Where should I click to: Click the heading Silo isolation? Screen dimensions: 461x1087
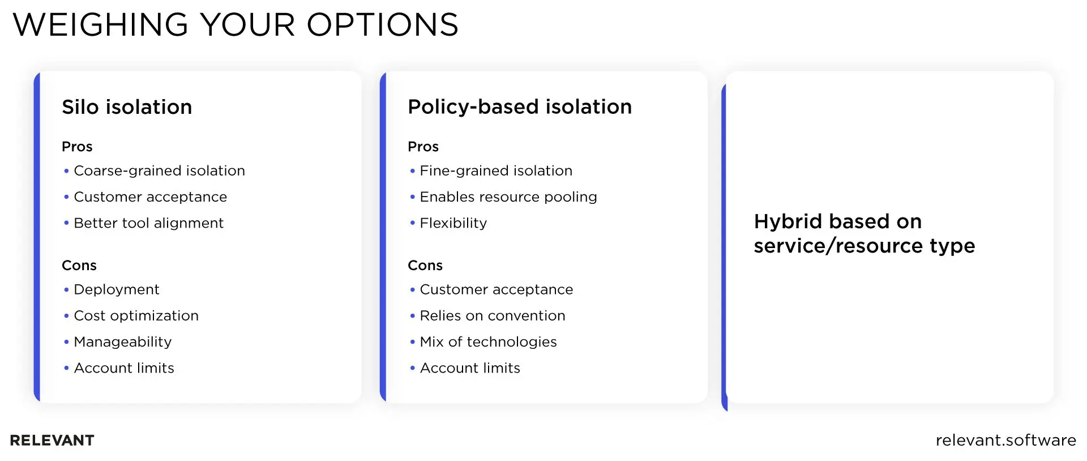(x=127, y=107)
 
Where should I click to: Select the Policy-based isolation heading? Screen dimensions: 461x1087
(x=519, y=107)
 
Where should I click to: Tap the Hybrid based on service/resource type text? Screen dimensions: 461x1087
(x=864, y=233)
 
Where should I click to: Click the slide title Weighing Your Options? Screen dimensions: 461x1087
(x=236, y=25)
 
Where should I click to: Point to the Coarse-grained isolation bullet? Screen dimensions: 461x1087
(x=159, y=170)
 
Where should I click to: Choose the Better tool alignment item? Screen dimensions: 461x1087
(x=148, y=223)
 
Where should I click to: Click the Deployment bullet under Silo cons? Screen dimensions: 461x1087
(x=116, y=289)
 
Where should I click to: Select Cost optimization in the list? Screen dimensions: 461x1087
(x=136, y=315)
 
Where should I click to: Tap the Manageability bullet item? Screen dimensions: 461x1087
(x=122, y=342)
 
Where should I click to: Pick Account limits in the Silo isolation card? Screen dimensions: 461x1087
(x=124, y=368)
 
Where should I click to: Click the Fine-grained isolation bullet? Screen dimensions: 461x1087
(x=495, y=170)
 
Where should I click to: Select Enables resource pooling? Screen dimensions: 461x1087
(x=508, y=197)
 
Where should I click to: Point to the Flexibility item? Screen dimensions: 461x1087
(x=453, y=223)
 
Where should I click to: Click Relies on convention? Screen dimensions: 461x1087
(x=492, y=315)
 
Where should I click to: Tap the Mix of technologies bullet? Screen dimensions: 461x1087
(x=488, y=342)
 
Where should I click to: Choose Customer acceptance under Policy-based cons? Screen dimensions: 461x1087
(x=496, y=289)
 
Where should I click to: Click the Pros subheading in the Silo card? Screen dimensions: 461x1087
(x=77, y=147)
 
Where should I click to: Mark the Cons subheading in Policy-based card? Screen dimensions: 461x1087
(x=425, y=266)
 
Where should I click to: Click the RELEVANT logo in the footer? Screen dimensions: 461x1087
(x=52, y=440)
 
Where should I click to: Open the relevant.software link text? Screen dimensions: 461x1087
(x=1005, y=440)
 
